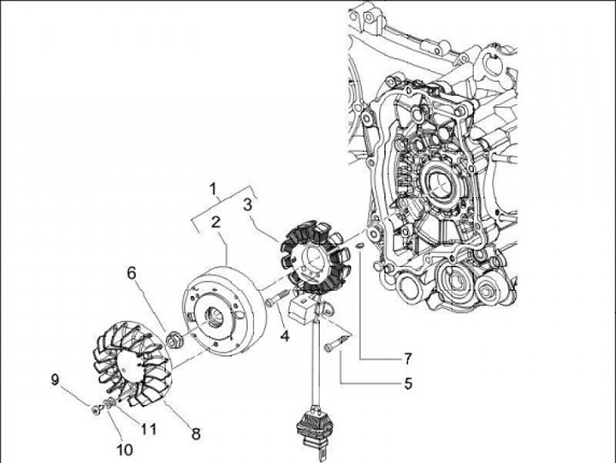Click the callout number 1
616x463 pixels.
point(215,187)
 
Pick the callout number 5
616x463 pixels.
point(409,383)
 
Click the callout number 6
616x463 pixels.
point(133,273)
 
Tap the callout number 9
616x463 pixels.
point(56,379)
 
